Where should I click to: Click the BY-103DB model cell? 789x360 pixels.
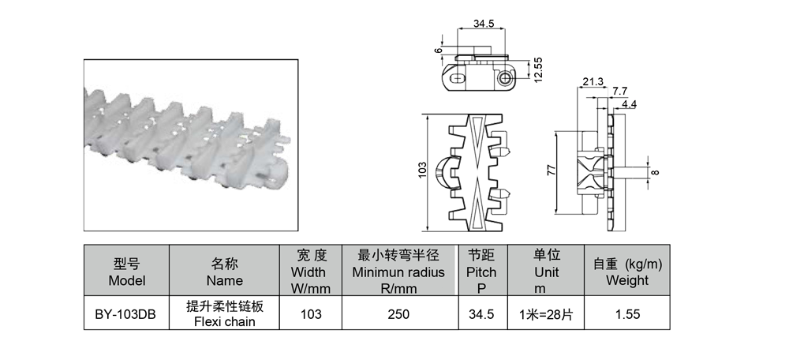(125, 313)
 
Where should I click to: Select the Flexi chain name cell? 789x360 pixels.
(224, 313)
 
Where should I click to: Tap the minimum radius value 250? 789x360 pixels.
(399, 314)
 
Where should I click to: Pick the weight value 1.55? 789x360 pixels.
(627, 314)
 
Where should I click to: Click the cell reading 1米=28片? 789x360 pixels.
(546, 313)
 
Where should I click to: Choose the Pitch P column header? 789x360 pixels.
(482, 271)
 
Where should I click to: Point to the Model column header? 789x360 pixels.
(127, 271)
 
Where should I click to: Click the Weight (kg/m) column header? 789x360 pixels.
(627, 271)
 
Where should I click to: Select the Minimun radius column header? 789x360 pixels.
(399, 271)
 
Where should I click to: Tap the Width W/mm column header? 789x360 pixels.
(311, 271)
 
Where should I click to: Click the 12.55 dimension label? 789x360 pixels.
(538, 69)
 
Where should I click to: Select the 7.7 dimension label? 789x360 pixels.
(620, 91)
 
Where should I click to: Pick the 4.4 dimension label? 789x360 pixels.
(629, 105)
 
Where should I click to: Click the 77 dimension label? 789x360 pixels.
(552, 171)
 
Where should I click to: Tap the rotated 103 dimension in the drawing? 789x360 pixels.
(422, 169)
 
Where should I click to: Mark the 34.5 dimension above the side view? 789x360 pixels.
(483, 23)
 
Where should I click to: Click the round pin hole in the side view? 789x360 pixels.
(505, 78)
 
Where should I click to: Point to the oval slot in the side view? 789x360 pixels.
(458, 79)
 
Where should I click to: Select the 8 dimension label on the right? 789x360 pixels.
(655, 172)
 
